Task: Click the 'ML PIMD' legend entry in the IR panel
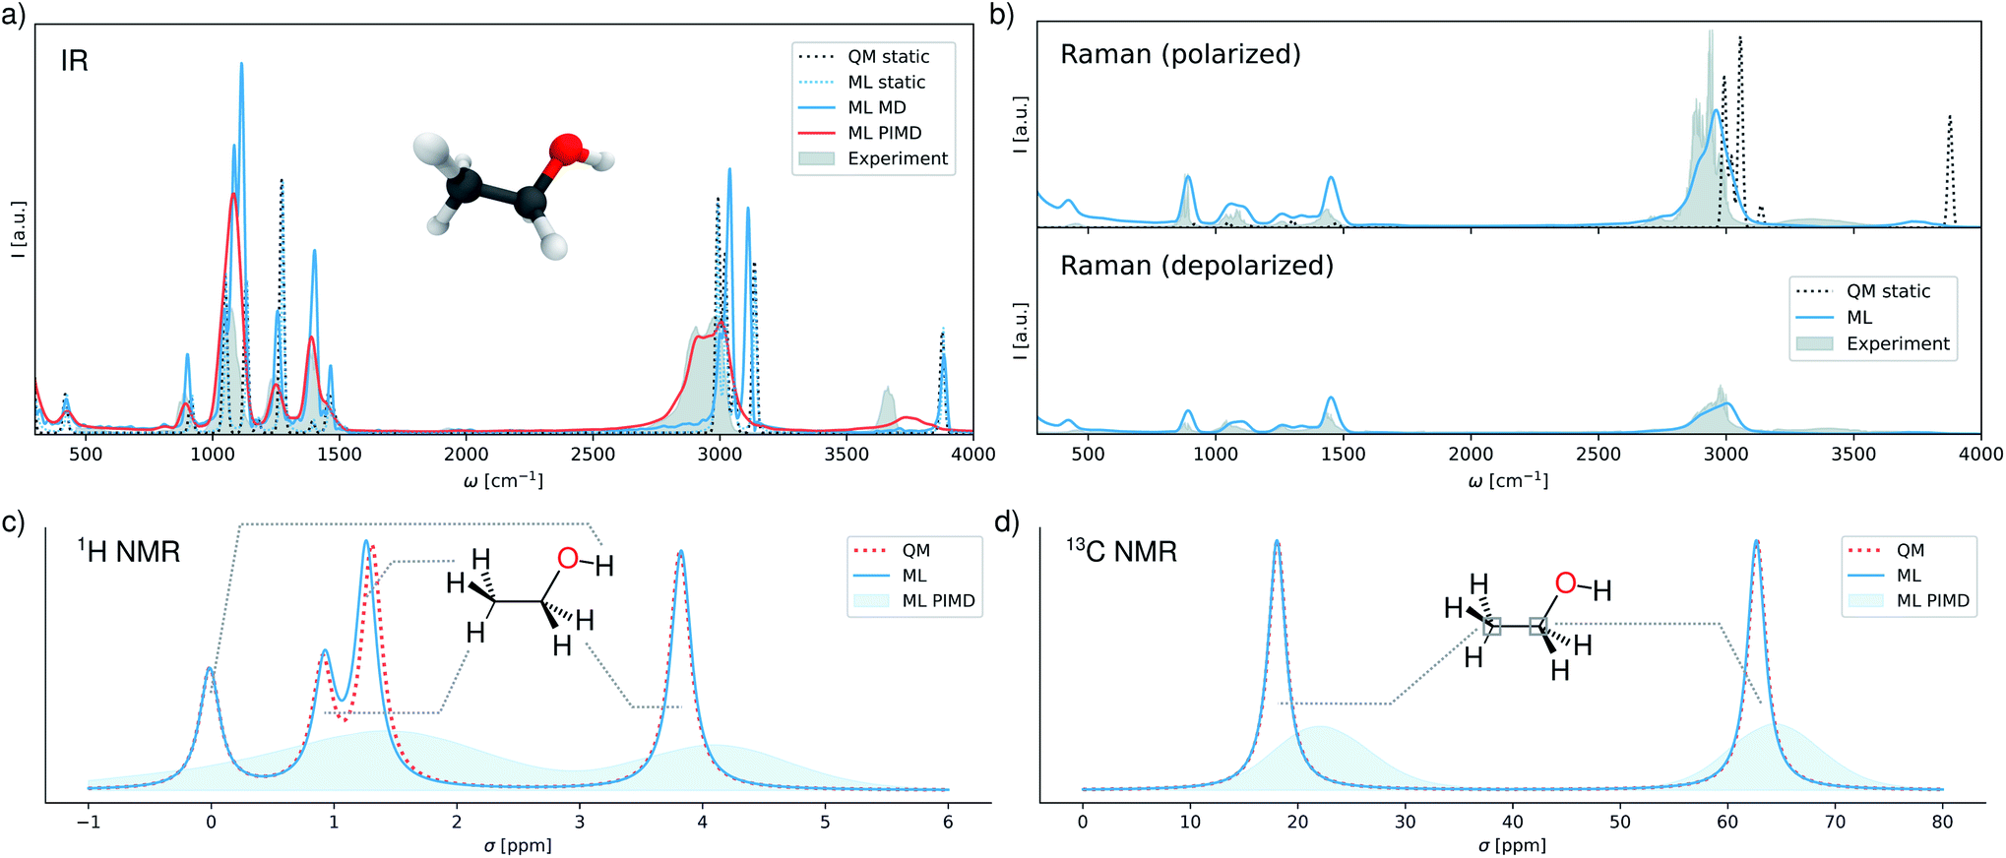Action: click(x=884, y=133)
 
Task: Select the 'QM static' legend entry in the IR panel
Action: click(x=888, y=57)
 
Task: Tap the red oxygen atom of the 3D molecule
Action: click(x=567, y=150)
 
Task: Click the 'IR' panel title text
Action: click(x=75, y=61)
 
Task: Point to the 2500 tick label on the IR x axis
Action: click(x=593, y=455)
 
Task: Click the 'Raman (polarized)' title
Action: click(x=1180, y=54)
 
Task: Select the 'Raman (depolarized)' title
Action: click(x=1197, y=266)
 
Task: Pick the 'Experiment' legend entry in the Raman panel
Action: click(x=1897, y=343)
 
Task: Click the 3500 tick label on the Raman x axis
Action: click(x=1853, y=455)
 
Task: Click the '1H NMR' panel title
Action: click(x=130, y=551)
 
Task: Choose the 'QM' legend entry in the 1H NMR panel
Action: click(x=915, y=551)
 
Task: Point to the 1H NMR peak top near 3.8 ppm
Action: click(x=680, y=552)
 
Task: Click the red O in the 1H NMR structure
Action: click(x=567, y=559)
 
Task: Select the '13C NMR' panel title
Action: click(x=1122, y=551)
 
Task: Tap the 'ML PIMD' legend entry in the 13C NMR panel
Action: click(x=1932, y=601)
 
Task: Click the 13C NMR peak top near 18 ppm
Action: click(x=1277, y=541)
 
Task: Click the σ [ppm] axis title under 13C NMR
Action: click(x=1512, y=845)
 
